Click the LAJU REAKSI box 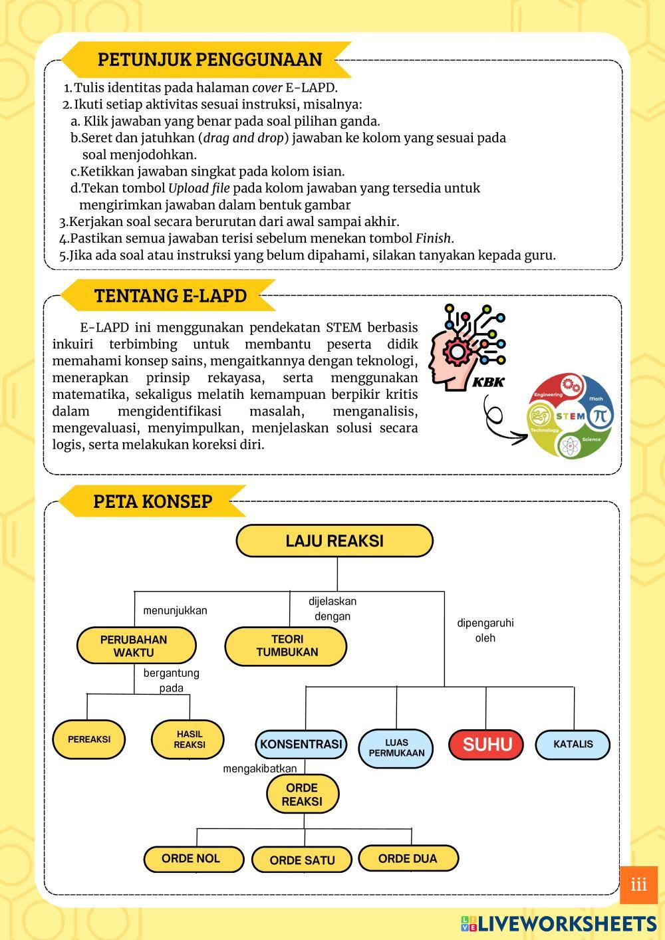334,540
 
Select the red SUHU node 487,744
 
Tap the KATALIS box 573,744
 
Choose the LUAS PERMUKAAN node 396,748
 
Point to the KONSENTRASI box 301,744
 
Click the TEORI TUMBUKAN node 287,646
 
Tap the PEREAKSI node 89,739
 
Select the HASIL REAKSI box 189,739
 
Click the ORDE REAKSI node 303,794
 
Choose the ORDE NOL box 191,858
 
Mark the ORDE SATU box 302,860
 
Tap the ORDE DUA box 408,858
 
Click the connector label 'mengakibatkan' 259,768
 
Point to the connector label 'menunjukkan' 175,610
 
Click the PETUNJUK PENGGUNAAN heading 209,59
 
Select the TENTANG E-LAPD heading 170,296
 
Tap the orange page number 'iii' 638,885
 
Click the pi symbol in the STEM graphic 600,416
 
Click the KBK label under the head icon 487,382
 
